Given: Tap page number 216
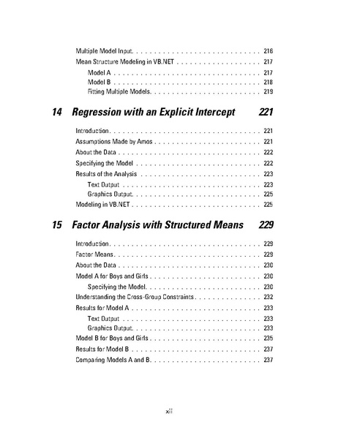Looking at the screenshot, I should pyautogui.click(x=268, y=50).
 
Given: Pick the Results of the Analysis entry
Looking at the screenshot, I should pyautogui.click(x=106, y=174).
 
